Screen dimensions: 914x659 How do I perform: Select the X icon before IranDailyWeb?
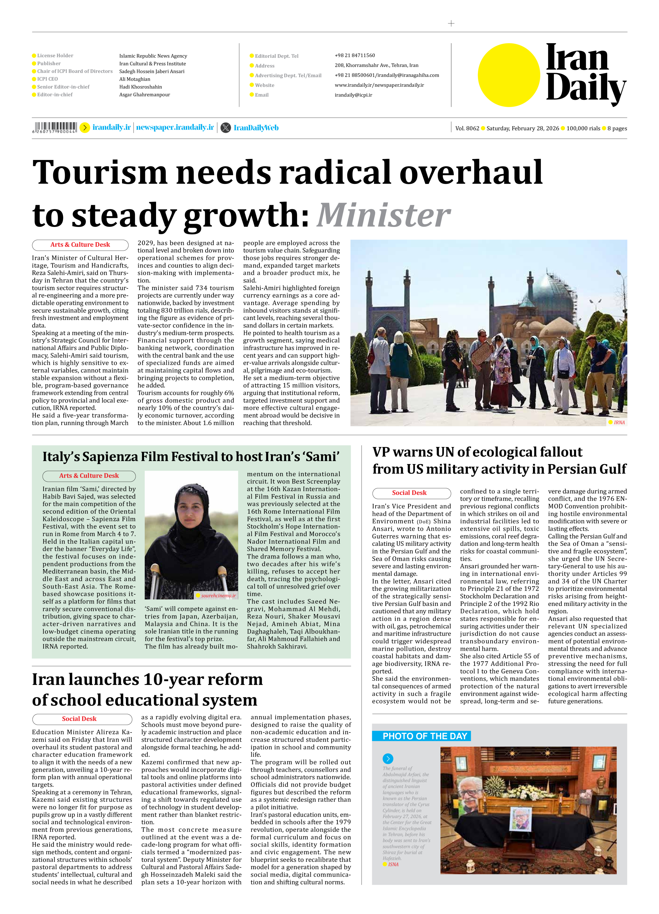pyautogui.click(x=226, y=128)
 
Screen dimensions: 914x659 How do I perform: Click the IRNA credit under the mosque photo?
pyautogui.click(x=619, y=422)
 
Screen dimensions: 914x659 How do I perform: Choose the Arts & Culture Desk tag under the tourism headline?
pyautogui.click(x=80, y=245)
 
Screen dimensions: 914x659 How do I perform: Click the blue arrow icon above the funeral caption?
pyautogui.click(x=388, y=759)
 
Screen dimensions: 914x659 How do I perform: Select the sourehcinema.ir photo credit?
pyautogui.click(x=218, y=595)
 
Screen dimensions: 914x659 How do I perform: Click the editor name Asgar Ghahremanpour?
pyautogui.click(x=144, y=95)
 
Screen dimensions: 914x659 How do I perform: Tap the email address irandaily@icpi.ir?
pyautogui.click(x=353, y=95)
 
